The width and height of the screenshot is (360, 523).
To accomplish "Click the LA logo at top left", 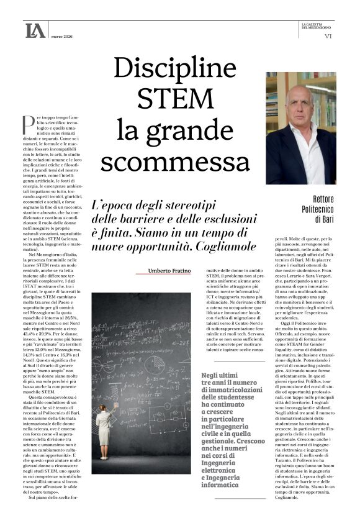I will [x=35, y=30].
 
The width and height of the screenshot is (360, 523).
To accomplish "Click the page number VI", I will [x=329, y=36].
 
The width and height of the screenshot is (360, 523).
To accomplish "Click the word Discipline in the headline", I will [x=175, y=66].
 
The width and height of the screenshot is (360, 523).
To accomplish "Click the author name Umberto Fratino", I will [x=170, y=271].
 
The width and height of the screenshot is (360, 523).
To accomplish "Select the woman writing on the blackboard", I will [x=104, y=422].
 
